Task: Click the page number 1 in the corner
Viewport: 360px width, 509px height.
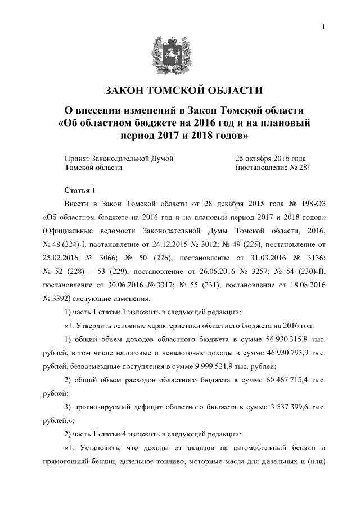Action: coord(324,26)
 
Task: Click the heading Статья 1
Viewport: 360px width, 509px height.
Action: coord(82,190)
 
